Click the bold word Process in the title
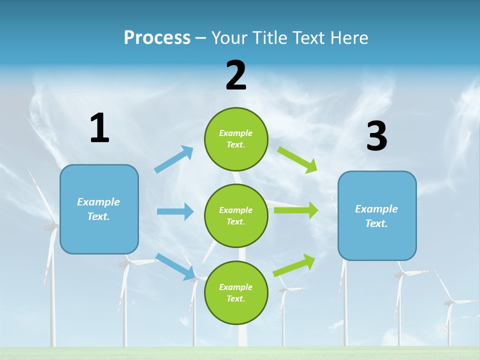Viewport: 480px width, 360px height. [x=157, y=37]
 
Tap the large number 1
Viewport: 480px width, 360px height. [x=99, y=128]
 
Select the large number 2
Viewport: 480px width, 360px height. [x=236, y=76]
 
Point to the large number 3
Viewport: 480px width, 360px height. [x=376, y=136]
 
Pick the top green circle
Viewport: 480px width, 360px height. [x=236, y=139]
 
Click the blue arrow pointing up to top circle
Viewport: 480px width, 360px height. [x=174, y=159]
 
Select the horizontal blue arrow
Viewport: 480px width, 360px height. [x=175, y=211]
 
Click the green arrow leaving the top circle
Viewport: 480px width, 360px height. [x=297, y=160]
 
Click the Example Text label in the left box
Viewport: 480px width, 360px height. [x=98, y=209]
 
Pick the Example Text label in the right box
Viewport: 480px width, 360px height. [x=376, y=216]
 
